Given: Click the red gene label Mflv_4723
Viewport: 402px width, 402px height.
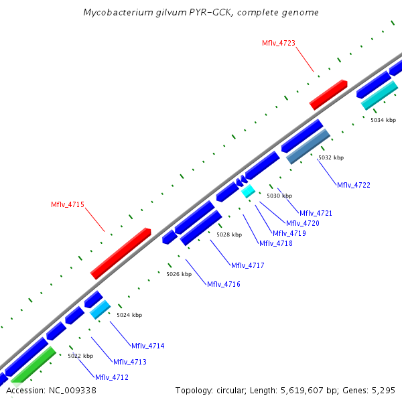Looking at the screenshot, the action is [x=278, y=43].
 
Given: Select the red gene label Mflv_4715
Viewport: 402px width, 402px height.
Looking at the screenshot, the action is [x=68, y=204].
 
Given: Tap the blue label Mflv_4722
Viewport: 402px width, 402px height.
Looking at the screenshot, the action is [x=353, y=185].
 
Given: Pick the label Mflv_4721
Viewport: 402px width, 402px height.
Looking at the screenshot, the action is [x=316, y=213].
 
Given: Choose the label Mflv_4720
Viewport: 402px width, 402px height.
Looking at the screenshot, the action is [x=302, y=223].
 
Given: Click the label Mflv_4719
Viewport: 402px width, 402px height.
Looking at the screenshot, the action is [x=289, y=233].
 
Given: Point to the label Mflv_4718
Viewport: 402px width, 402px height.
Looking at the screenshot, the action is [x=275, y=243].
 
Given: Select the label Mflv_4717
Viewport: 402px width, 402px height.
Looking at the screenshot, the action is [x=247, y=266].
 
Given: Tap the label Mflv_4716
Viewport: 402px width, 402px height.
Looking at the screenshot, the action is [x=223, y=284].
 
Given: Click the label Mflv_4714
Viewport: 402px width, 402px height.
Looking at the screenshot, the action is [x=147, y=346].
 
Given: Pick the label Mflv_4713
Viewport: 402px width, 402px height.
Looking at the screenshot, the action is [x=129, y=362].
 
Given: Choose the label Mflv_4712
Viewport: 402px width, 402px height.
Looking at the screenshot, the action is [x=111, y=377].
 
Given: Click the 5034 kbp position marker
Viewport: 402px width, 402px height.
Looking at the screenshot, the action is [x=383, y=120].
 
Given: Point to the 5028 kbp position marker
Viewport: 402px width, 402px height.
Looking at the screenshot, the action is [x=228, y=234].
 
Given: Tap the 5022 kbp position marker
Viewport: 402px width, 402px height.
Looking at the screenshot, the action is [x=80, y=356].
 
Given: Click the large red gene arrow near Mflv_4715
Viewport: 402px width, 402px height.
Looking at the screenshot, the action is [x=121, y=253].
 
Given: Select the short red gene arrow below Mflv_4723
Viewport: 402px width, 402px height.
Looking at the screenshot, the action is [x=328, y=94].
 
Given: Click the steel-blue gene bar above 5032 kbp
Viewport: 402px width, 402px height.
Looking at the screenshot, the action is [x=308, y=147].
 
